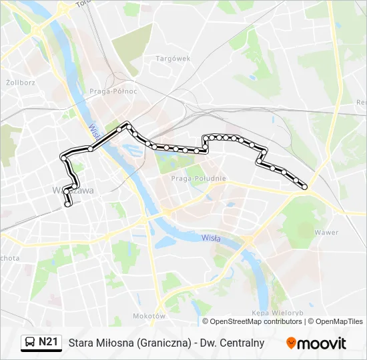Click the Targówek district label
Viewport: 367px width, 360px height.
[x=173, y=59]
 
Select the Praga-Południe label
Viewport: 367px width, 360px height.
[x=198, y=178]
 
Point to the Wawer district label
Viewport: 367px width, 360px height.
[x=326, y=233]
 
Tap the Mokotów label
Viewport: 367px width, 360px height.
[x=149, y=315]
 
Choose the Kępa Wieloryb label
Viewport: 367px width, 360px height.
[x=278, y=313]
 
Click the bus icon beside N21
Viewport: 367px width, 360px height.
[x=30, y=343]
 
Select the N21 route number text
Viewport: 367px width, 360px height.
[x=48, y=343]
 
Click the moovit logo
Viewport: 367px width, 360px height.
[x=316, y=343]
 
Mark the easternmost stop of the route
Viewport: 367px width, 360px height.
[x=305, y=187]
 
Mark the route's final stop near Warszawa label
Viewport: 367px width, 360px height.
[x=67, y=206]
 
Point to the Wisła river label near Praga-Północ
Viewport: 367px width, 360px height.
[x=94, y=126]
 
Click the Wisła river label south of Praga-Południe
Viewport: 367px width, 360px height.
[x=211, y=238]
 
